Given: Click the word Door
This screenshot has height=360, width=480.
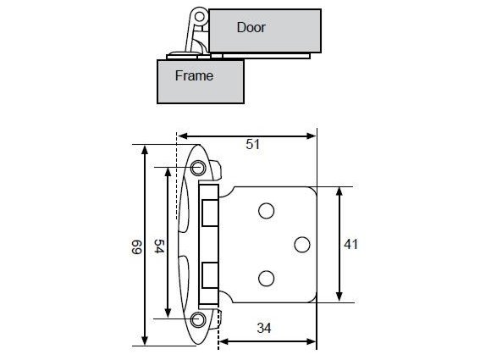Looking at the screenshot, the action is (251, 27).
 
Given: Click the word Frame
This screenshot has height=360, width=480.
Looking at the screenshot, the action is (194, 75).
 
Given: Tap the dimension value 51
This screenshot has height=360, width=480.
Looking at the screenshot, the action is (253, 144).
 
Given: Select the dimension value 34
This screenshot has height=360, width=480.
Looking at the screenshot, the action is (264, 328).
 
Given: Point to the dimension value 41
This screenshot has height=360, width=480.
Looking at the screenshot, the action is (350, 245).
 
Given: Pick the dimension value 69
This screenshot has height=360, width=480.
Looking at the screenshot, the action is (136, 247).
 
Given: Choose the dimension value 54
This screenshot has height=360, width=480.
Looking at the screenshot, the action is (159, 246).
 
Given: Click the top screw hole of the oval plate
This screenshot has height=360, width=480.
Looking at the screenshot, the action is (198, 168).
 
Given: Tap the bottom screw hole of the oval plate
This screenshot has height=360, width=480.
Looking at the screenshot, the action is (198, 319).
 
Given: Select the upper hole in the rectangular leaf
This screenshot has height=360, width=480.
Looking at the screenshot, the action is (266, 211).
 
